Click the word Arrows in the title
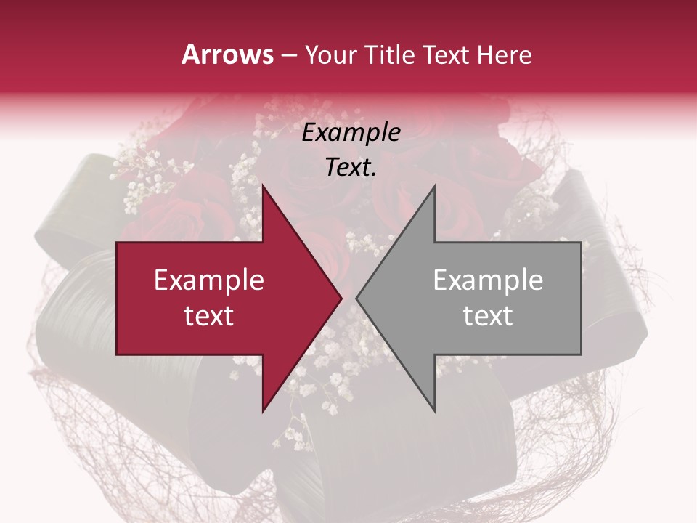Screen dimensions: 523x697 [227, 54]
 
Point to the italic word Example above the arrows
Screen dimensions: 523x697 [351, 132]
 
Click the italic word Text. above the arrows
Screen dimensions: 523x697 [351, 168]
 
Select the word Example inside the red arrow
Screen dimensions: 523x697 [209, 280]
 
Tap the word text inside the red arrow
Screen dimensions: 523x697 [209, 316]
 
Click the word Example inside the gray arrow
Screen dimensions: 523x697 [488, 280]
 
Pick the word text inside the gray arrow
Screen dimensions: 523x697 [488, 316]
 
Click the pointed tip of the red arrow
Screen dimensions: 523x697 [341, 298]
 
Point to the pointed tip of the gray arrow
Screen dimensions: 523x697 [356, 298]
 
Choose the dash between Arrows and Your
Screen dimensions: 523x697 [289, 55]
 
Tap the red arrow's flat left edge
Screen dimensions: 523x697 [117, 298]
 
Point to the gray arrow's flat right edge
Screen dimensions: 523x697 [581, 298]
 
